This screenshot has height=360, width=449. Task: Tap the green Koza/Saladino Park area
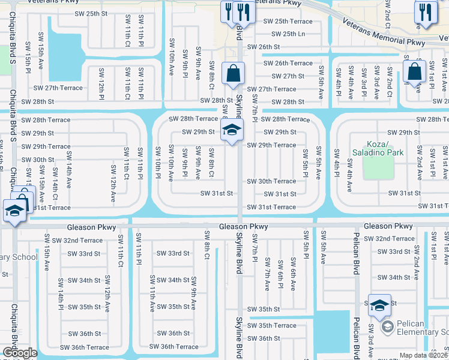coord(378,168)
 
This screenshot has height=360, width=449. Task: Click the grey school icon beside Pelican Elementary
coord(387,326)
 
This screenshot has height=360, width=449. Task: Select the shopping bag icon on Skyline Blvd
coord(232,74)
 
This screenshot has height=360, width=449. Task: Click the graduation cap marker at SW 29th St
coord(231,130)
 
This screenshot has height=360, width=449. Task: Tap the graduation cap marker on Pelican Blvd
coord(379,305)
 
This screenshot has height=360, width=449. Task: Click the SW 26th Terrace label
coord(286,63)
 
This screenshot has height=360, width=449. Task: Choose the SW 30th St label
coord(38,160)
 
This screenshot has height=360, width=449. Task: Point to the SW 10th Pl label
coord(158,163)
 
